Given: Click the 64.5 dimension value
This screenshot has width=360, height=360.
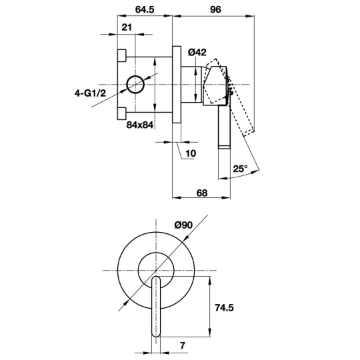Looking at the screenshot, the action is coord(145,9).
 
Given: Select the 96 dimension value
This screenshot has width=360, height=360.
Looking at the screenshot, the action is coord(215,9).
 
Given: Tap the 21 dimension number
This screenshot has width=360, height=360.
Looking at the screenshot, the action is coord(127,27).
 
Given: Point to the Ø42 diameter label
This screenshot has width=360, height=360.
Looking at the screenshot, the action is coord(197,53).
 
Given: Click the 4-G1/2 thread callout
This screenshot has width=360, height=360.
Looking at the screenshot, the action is coord(90,93).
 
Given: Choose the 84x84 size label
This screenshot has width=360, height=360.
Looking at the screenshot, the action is coord(140,125).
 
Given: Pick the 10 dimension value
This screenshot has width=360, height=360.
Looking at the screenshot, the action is coord(191,153).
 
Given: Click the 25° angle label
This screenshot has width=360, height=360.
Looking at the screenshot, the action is coord(241,169).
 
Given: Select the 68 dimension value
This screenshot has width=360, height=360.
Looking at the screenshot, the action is coord(202,193).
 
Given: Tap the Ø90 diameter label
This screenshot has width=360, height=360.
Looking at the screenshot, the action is coord(183,225).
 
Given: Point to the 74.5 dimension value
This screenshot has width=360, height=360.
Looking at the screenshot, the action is coord(224,307).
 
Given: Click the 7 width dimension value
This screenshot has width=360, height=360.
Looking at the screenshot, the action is coord(183,345).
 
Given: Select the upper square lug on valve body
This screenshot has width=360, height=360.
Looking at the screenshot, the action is coord(122,55).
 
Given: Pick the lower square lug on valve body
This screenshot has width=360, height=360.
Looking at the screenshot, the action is coord(122,113).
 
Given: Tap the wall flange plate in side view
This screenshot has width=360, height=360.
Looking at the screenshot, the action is coord(177,85).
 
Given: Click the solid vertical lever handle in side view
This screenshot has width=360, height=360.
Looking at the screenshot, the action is coord(224,127).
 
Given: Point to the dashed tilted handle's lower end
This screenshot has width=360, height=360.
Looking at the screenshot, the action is coord(249,133).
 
